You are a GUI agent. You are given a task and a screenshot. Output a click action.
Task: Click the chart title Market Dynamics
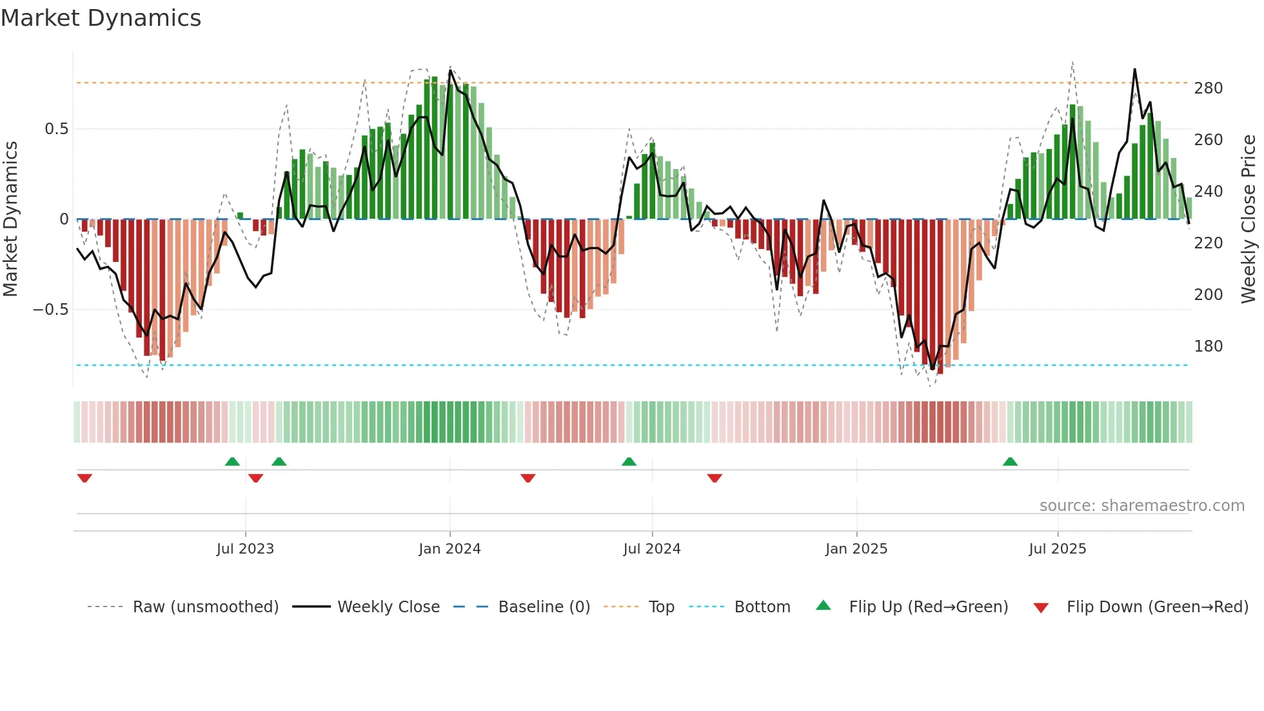tap(101, 18)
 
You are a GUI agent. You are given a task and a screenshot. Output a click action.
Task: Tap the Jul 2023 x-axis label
tap(245, 549)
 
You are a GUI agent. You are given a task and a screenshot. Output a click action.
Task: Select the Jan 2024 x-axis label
tap(449, 549)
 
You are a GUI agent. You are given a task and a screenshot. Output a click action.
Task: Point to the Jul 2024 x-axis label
tap(652, 549)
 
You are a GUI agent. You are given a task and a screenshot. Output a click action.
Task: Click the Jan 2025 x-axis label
tap(856, 549)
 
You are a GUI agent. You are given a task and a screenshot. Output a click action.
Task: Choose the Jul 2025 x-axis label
tap(1058, 549)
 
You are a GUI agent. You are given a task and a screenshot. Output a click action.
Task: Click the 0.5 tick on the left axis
tap(57, 129)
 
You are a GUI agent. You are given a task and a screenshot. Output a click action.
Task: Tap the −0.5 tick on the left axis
tap(51, 310)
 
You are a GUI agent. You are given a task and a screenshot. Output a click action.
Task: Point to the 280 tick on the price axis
tap(1208, 88)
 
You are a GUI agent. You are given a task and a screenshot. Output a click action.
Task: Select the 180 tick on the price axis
tap(1208, 346)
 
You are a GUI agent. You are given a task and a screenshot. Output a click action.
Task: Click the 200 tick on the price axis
tap(1208, 295)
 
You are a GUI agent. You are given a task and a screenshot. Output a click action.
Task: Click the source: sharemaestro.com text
tap(1141, 506)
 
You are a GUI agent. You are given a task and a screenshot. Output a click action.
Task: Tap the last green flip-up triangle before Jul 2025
tap(1010, 462)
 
